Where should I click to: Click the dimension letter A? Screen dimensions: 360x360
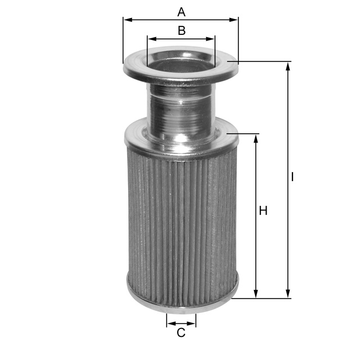181,12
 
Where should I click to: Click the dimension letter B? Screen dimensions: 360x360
182,30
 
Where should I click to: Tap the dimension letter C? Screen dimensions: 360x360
181,332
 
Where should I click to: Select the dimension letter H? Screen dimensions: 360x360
263,211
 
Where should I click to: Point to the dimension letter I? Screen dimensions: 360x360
292,177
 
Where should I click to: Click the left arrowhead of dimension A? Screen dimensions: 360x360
128,20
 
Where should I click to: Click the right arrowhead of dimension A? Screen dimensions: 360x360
233,20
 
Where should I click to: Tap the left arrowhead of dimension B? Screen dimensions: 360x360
152,39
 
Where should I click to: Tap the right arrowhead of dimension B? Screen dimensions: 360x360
210,39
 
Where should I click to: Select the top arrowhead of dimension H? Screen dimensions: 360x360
256,139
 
